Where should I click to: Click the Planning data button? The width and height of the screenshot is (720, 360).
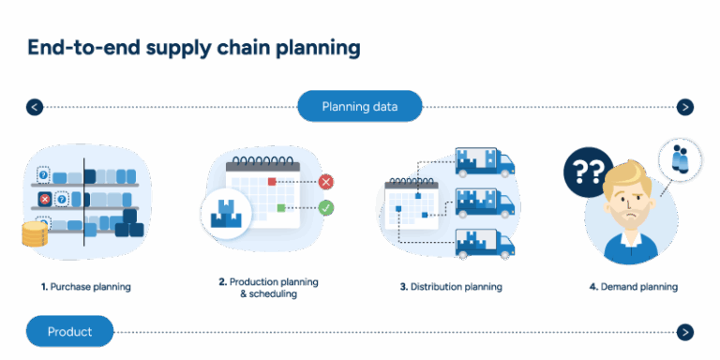pyautogui.click(x=360, y=106)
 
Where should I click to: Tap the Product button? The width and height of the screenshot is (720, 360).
pyautogui.click(x=69, y=331)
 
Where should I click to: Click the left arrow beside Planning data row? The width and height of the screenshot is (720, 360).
pyautogui.click(x=35, y=107)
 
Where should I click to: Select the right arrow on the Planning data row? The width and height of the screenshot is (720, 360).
pyautogui.click(x=685, y=107)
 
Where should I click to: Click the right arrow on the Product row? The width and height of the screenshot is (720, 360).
pyautogui.click(x=685, y=331)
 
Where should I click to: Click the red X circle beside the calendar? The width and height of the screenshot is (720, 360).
pyautogui.click(x=326, y=182)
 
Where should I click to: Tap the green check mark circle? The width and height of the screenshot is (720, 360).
pyautogui.click(x=326, y=207)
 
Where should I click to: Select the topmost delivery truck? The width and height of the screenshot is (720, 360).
pyautogui.click(x=484, y=161)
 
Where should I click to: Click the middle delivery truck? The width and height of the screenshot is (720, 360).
pyautogui.click(x=484, y=201)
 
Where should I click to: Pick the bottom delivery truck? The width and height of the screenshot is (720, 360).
pyautogui.click(x=484, y=242)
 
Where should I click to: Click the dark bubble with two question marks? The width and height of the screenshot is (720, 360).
pyautogui.click(x=587, y=172)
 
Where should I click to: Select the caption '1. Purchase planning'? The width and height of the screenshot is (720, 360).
pyautogui.click(x=85, y=287)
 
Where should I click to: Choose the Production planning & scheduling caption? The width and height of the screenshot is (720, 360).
pyautogui.click(x=268, y=287)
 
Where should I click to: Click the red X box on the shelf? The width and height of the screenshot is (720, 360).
pyautogui.click(x=43, y=199)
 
